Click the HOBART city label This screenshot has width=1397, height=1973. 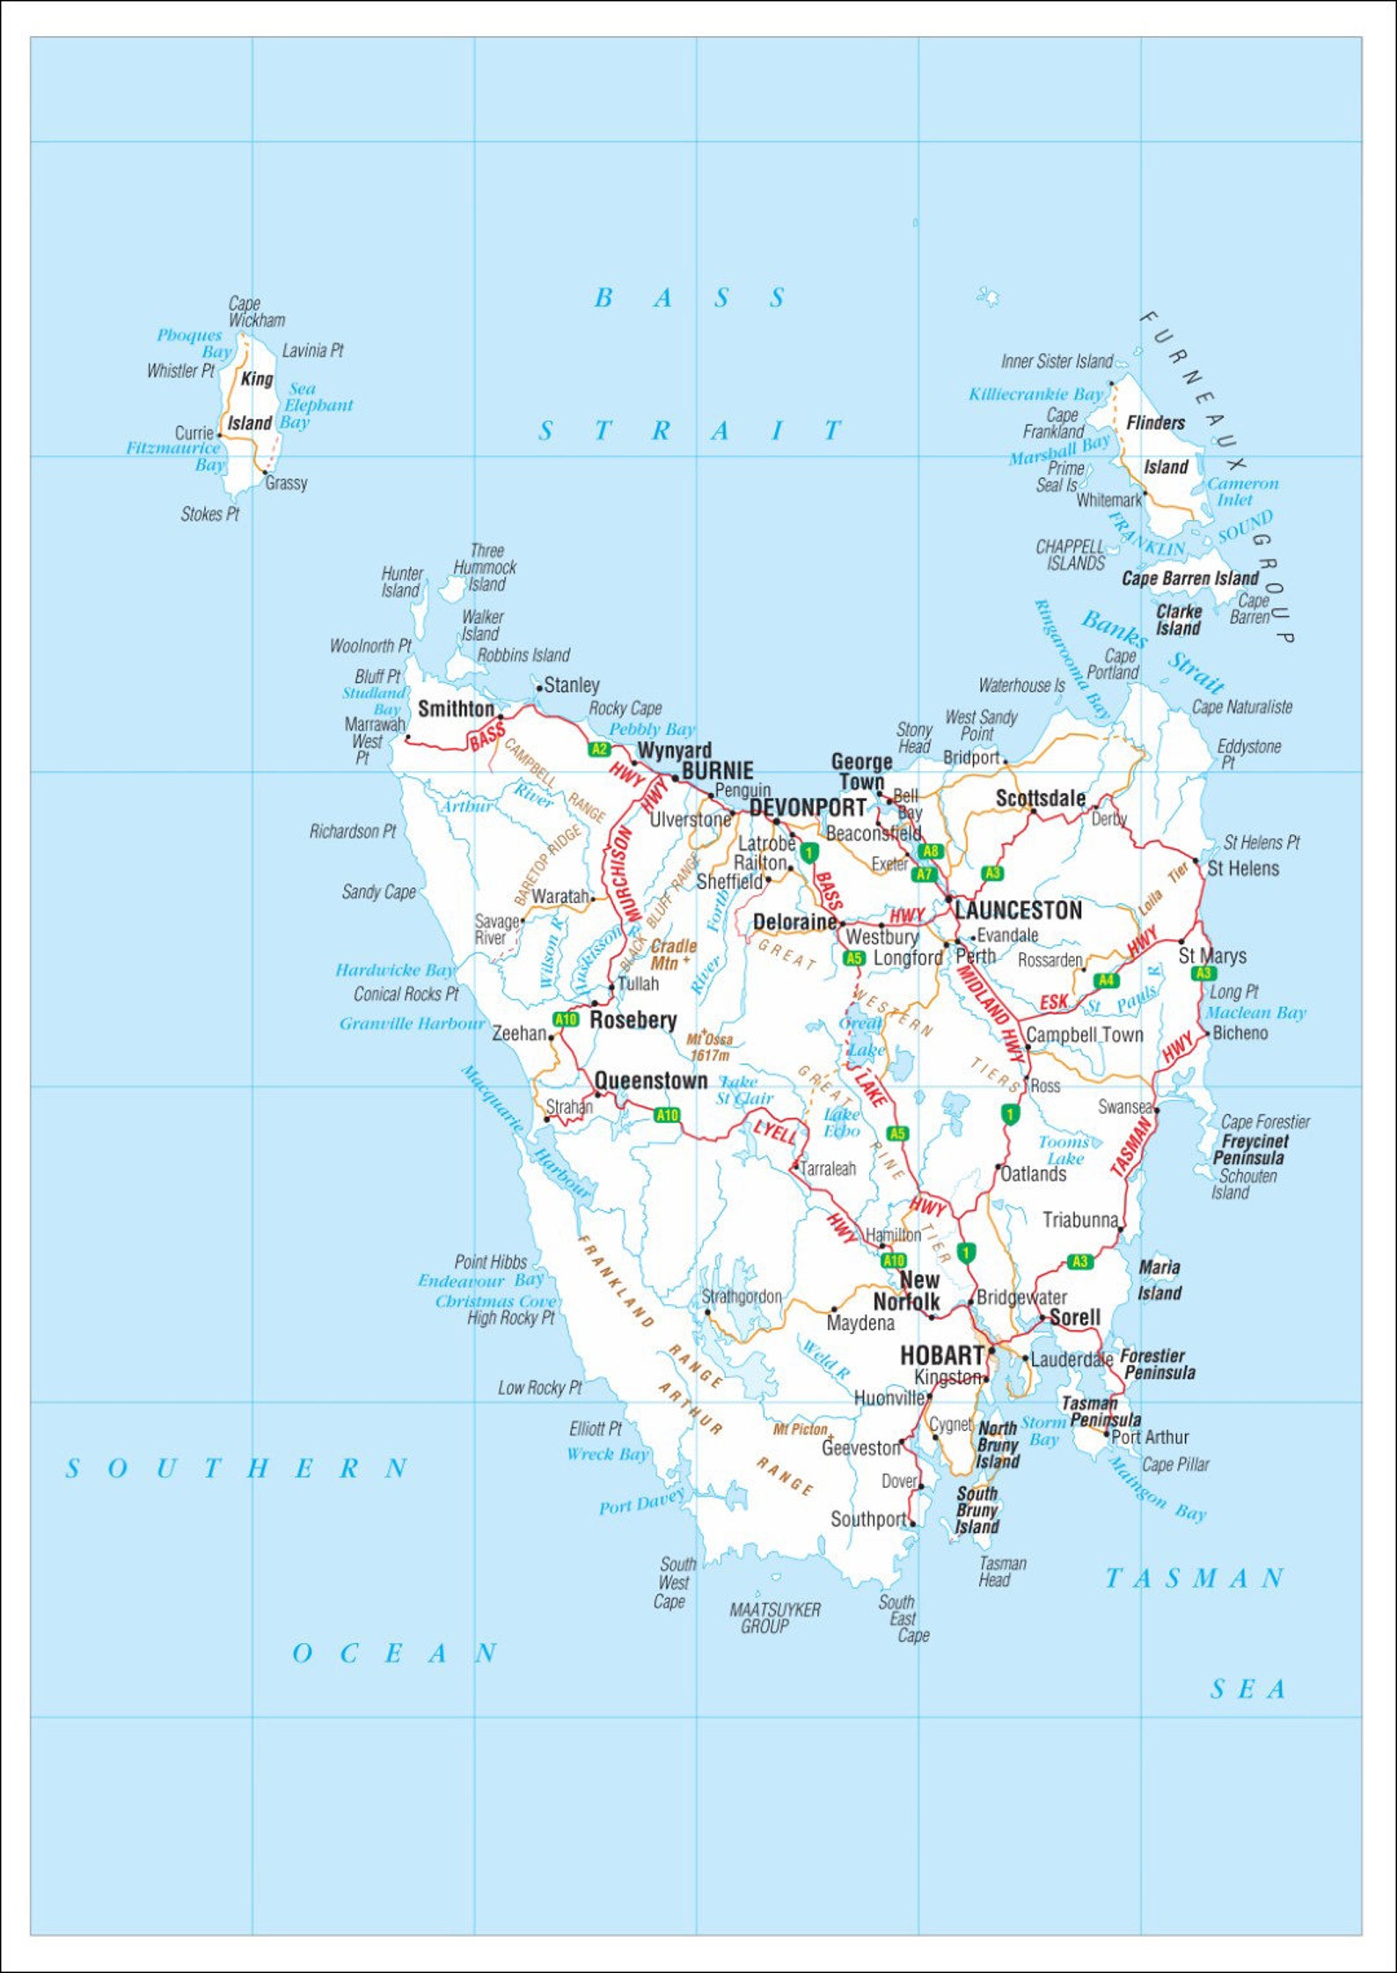[940, 1356]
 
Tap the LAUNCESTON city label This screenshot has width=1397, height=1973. [1018, 910]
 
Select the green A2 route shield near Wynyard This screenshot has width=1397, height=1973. [599, 749]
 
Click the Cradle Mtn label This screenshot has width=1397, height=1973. [673, 954]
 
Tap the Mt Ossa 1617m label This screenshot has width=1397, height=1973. [710, 1047]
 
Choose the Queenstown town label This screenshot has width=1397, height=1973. [650, 1081]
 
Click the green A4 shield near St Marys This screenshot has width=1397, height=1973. [1106, 980]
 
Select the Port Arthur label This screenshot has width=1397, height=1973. [1150, 1437]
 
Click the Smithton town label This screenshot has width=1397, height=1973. [456, 708]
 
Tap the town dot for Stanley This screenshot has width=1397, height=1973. [538, 689]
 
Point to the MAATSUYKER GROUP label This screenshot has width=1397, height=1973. [774, 1617]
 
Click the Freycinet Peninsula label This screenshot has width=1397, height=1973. [1253, 1149]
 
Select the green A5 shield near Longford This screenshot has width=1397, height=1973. [853, 958]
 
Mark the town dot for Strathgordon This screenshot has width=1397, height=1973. [707, 1312]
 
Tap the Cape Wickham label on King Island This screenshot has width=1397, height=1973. [255, 312]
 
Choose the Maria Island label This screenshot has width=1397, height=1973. [1159, 1280]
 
